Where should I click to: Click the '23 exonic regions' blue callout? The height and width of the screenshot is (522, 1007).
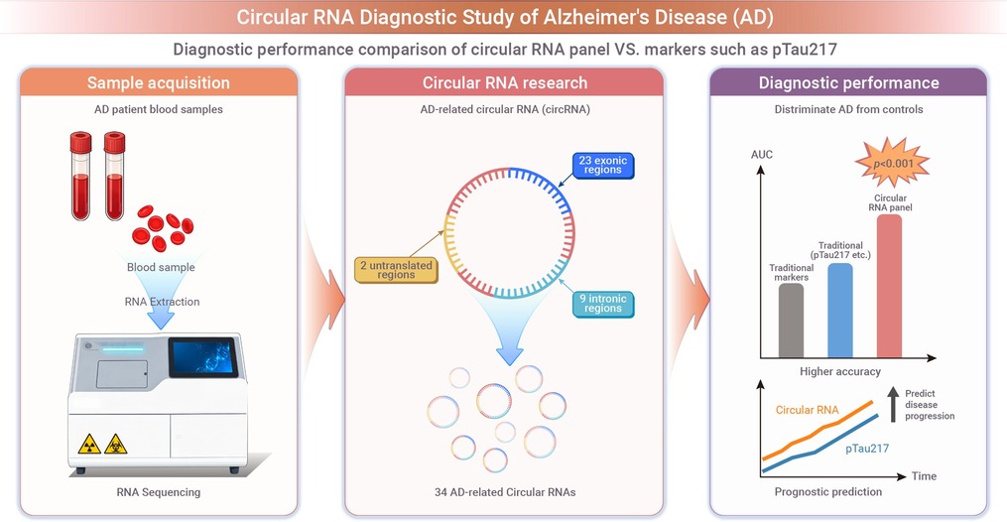(603, 165)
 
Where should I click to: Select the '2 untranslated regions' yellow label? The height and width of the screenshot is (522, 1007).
(396, 270)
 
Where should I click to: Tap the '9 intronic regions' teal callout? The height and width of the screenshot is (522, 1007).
(603, 304)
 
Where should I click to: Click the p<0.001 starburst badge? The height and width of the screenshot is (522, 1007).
(893, 163)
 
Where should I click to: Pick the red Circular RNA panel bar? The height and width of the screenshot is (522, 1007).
(890, 286)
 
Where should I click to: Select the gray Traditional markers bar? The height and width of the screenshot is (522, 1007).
(791, 321)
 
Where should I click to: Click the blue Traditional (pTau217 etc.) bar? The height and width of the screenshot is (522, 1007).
(840, 310)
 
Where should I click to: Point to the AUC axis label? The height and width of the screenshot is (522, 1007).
(762, 155)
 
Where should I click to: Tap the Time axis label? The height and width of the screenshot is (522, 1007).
(924, 475)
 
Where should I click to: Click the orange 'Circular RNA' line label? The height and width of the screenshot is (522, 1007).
(807, 410)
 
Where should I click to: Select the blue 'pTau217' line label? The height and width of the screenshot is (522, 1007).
(867, 449)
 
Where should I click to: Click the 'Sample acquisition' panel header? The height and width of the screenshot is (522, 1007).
(159, 82)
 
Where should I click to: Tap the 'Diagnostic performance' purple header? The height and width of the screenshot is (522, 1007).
(848, 82)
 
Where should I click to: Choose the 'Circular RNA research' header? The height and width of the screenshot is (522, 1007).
(504, 82)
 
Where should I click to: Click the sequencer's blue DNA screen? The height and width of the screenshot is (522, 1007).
(203, 357)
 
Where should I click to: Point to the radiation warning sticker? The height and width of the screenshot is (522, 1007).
(88, 444)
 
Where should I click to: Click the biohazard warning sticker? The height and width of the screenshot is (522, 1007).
(116, 444)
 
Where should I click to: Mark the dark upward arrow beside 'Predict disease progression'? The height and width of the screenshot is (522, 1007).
(893, 404)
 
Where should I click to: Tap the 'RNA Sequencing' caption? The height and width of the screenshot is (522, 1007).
(159, 492)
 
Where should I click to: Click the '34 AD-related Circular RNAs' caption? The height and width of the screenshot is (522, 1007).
(505, 492)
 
